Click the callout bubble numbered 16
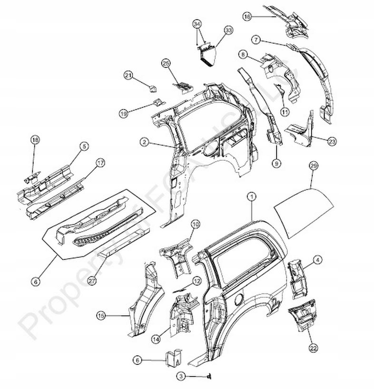coord(246,17)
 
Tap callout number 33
coord(228,30)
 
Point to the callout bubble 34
coord(197,24)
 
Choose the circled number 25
coord(166,63)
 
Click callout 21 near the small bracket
coord(128,75)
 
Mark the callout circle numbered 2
coord(143,142)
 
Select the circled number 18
coord(34,140)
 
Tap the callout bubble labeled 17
coord(100,163)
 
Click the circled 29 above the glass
coord(313,166)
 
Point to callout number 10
coord(195,224)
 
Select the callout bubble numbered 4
coord(317,259)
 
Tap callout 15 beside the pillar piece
coord(101,314)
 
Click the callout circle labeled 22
coord(313,348)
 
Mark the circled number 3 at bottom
coord(181,376)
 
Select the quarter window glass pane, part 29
coord(305,214)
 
